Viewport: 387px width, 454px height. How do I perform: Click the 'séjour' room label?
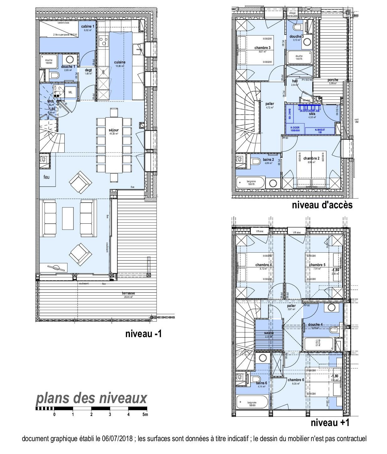coord(114,130)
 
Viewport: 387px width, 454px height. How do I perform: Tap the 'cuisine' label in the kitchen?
coord(120,62)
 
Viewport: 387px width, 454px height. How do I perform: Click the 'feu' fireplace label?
coord(46,177)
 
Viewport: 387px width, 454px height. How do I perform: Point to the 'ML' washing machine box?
coord(70,92)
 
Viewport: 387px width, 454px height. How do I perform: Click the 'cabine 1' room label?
coord(88,27)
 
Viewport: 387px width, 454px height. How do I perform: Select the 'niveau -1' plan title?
coord(143,334)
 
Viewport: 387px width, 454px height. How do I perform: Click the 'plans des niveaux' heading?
coord(91,398)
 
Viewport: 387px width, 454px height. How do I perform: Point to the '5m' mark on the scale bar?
coord(145,415)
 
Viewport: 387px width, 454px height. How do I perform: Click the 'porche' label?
coord(333,80)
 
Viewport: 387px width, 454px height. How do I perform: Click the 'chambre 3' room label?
coord(262,48)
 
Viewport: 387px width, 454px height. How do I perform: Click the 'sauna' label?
coord(269,333)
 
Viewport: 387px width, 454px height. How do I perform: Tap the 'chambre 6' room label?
coord(296,380)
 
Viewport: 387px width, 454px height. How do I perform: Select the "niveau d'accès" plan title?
coord(322,205)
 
